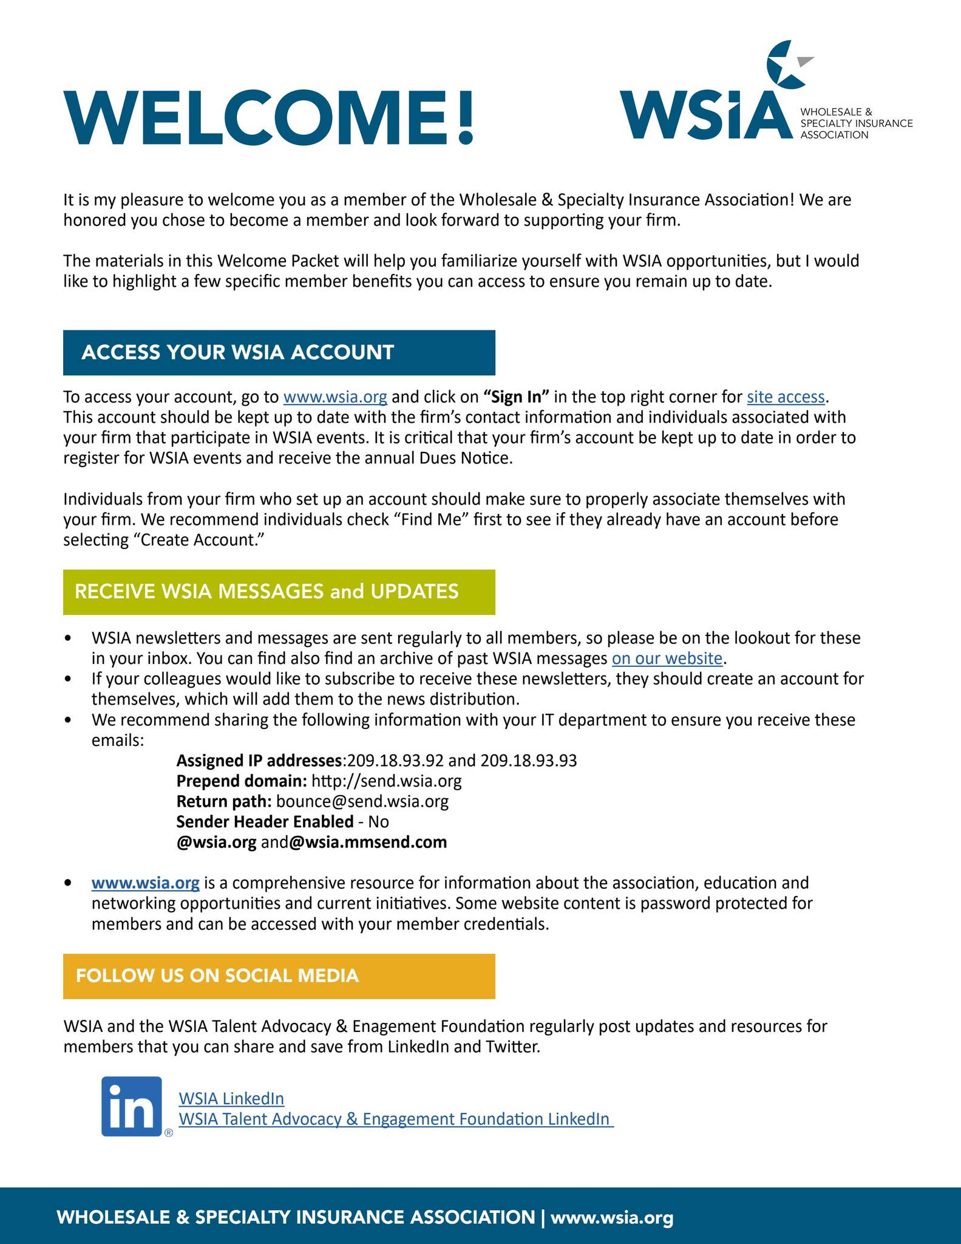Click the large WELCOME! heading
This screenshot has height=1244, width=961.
(268, 118)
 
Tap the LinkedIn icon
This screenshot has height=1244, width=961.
(132, 1106)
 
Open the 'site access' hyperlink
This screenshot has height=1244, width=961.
(786, 397)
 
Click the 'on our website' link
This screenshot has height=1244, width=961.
(667, 658)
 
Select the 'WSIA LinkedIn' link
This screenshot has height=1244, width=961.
(231, 1098)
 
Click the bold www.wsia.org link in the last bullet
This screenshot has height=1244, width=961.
(146, 883)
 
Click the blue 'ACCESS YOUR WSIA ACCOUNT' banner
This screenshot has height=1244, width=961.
(279, 352)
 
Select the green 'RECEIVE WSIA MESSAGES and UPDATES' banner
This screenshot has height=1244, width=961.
(279, 592)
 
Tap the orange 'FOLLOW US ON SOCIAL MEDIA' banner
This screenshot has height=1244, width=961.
(279, 976)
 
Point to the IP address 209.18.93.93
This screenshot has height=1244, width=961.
(528, 760)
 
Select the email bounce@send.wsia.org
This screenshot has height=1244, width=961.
(362, 802)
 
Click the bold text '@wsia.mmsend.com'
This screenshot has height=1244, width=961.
(368, 842)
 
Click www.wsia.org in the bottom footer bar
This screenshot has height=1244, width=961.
(612, 1217)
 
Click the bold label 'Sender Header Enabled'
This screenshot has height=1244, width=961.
(265, 822)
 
